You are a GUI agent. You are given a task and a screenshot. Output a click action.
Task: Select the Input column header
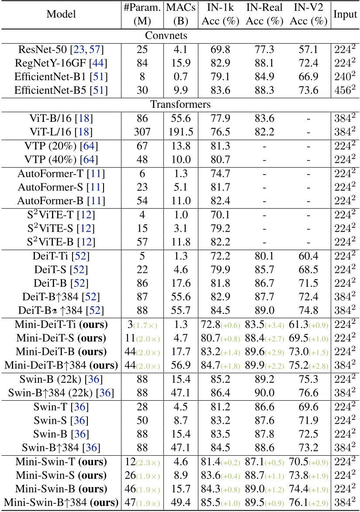click(345, 14)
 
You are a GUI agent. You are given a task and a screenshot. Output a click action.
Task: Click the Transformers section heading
click(180, 105)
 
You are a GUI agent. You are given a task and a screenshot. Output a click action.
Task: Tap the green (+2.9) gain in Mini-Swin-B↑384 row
click(321, 503)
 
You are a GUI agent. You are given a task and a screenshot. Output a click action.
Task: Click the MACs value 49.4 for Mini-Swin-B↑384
click(180, 502)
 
